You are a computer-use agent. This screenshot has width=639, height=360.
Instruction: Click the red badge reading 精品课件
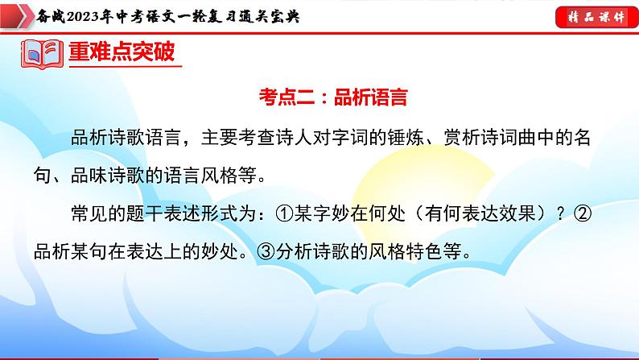click(x=593, y=15)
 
